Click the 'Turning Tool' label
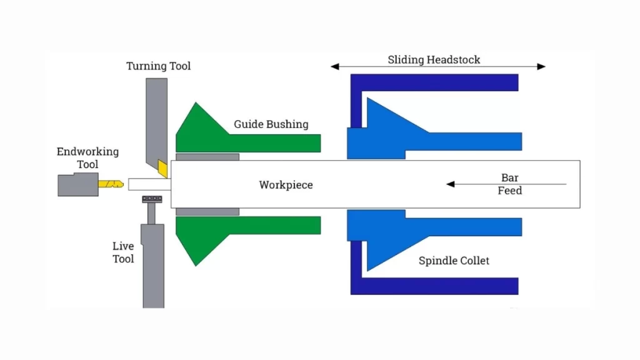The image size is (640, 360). pyautogui.click(x=158, y=66)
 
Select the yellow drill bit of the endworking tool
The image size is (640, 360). pyautogui.click(x=111, y=184)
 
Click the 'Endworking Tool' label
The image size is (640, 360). pyautogui.click(x=87, y=157)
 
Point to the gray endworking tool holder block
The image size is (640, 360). pyautogui.click(x=77, y=184)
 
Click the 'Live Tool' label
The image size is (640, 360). pyautogui.click(x=123, y=252)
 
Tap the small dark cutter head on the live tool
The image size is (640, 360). pyautogui.click(x=152, y=199)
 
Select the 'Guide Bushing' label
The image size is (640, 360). pyautogui.click(x=271, y=124)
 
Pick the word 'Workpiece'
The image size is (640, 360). pyautogui.click(x=286, y=185)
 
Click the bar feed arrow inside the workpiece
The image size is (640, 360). pyautogui.click(x=475, y=184)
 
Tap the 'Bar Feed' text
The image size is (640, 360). pyautogui.click(x=509, y=184)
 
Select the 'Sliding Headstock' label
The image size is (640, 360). pyautogui.click(x=434, y=60)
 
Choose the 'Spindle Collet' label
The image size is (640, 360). pyautogui.click(x=454, y=261)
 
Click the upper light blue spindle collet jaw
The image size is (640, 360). pyautogui.click(x=400, y=134)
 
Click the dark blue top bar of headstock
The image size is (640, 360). pyautogui.click(x=437, y=82)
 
